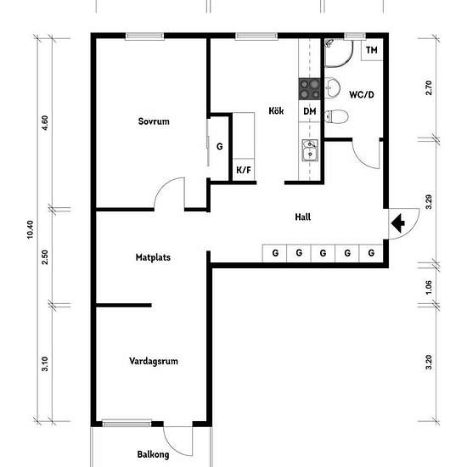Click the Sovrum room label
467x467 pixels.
click(154, 121)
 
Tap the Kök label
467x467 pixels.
click(276, 110)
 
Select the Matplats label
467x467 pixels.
click(153, 257)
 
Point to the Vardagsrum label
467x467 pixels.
click(154, 361)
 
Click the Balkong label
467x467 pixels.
click(153, 454)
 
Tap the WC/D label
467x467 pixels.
click(362, 95)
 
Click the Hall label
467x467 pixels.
click(303, 217)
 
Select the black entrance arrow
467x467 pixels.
click(398, 223)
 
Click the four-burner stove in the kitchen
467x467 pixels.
click(309, 89)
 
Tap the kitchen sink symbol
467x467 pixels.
click(310, 150)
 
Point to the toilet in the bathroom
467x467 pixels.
click(336, 116)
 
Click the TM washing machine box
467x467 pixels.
click(372, 50)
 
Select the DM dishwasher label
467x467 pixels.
click(310, 111)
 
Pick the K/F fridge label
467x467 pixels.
click(244, 170)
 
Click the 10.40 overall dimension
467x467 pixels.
click(30, 229)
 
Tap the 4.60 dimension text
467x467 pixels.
click(45, 123)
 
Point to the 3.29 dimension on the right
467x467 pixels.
click(429, 202)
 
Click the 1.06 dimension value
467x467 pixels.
click(429, 287)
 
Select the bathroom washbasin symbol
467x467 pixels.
click(332, 87)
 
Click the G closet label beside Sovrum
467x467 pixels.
click(220, 147)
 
